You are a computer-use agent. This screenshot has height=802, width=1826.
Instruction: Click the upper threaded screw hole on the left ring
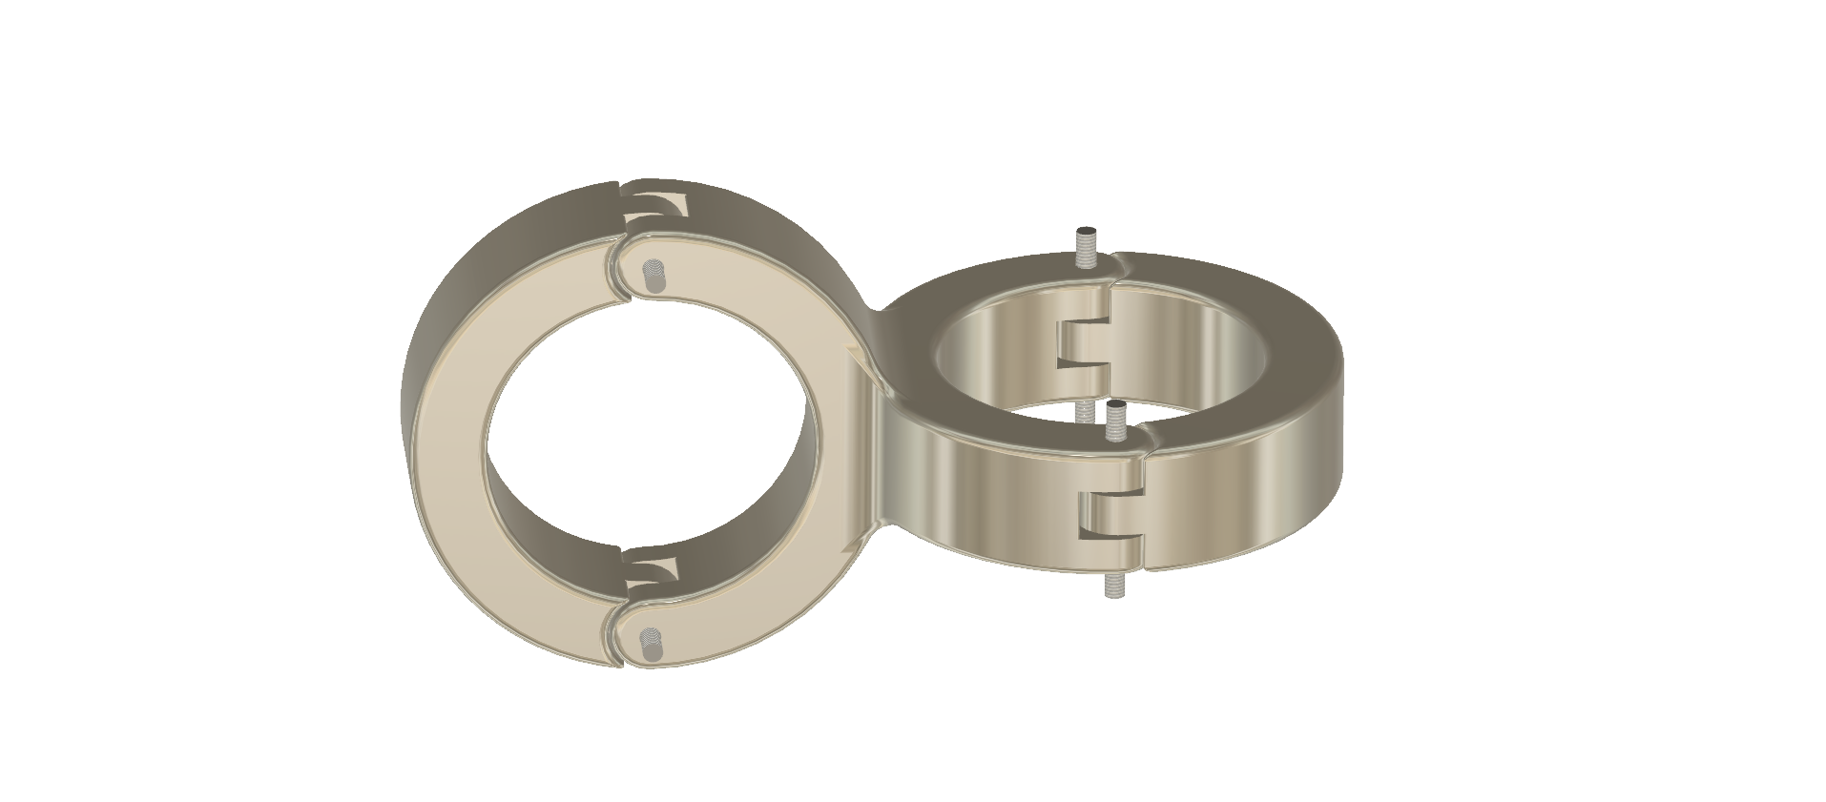[x=653, y=277]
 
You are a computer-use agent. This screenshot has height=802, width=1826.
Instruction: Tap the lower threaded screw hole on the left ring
[x=650, y=645]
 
